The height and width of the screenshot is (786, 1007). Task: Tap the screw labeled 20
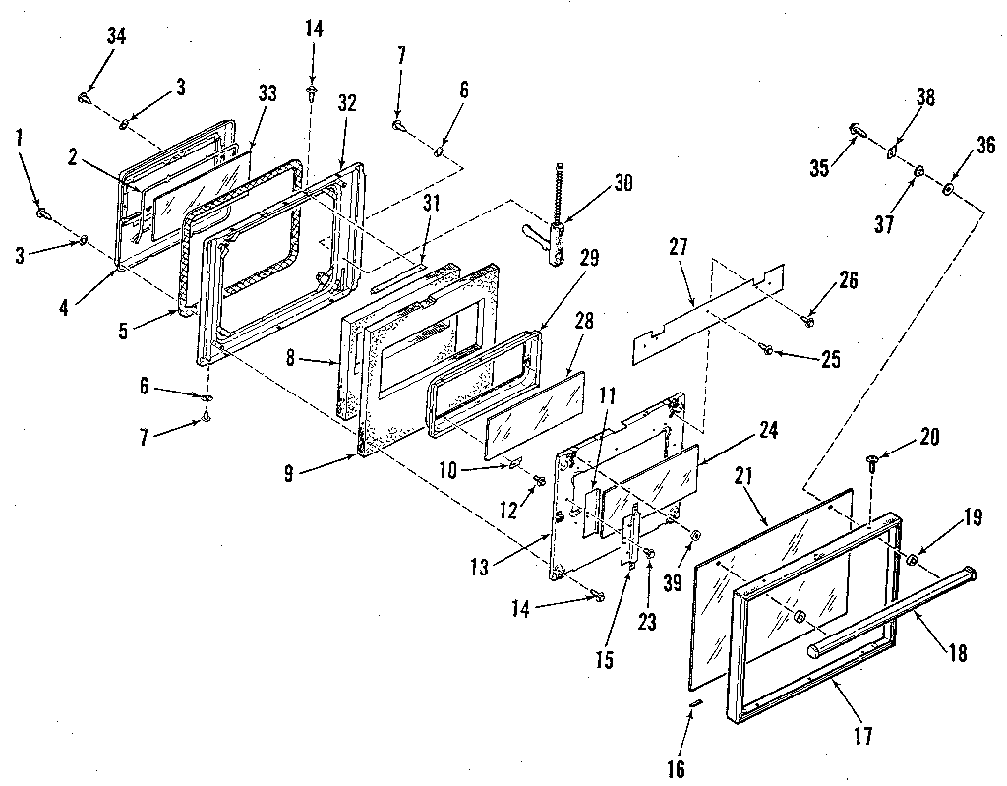tap(872, 459)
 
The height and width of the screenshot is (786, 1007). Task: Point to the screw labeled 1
tap(42, 211)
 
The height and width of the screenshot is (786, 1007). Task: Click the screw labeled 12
tap(539, 479)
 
